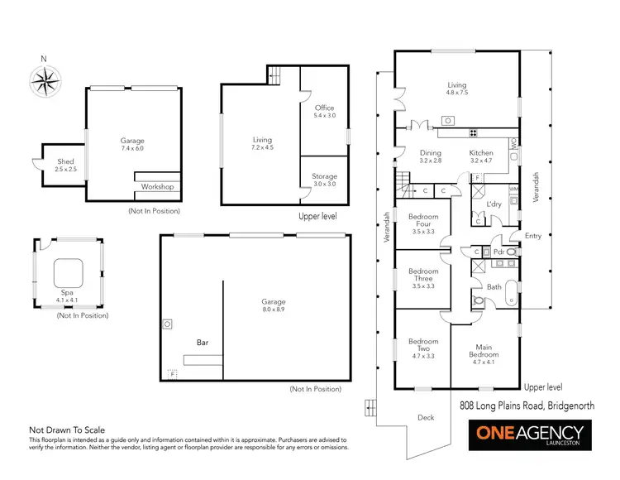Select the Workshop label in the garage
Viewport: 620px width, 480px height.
pos(157,187)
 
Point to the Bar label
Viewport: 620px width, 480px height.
pos(201,341)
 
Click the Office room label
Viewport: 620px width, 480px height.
pos(324,112)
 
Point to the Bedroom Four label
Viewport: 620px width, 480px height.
pos(423,221)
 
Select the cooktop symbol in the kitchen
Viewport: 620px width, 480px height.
pos(474,132)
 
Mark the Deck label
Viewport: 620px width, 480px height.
pos(424,418)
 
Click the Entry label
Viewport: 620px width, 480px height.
pos(533,236)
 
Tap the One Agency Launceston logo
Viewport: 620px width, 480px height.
pos(529,434)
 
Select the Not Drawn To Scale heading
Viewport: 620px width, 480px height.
pos(67,430)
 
